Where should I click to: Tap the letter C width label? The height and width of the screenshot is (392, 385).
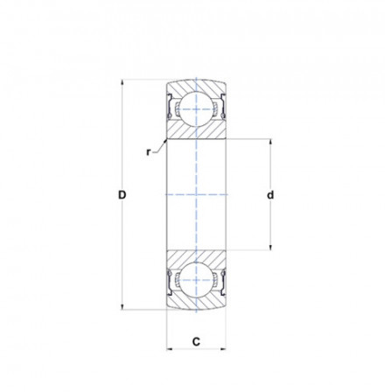[197, 339]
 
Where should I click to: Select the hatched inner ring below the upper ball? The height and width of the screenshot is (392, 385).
[197, 129]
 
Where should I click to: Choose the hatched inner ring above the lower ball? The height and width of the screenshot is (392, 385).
[197, 260]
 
